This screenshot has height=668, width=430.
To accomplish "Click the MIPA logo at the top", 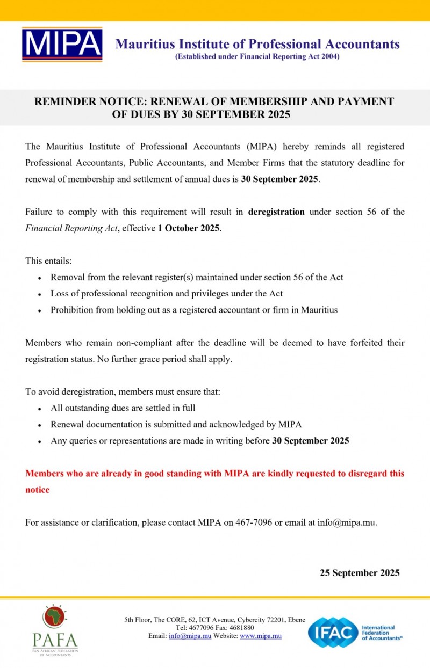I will [x=62, y=44].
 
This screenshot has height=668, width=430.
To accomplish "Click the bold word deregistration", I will [x=276, y=212].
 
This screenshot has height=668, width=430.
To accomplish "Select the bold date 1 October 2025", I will [x=189, y=228].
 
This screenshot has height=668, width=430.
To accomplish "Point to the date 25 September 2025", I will [x=360, y=572].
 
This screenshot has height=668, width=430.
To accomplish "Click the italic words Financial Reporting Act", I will [x=71, y=228].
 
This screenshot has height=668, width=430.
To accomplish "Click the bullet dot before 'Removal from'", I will [x=40, y=278].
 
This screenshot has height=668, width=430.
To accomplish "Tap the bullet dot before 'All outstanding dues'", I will [x=40, y=409].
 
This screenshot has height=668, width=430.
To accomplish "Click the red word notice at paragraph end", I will [x=38, y=490].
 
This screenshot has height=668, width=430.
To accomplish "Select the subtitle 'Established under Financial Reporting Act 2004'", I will [x=257, y=56].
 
